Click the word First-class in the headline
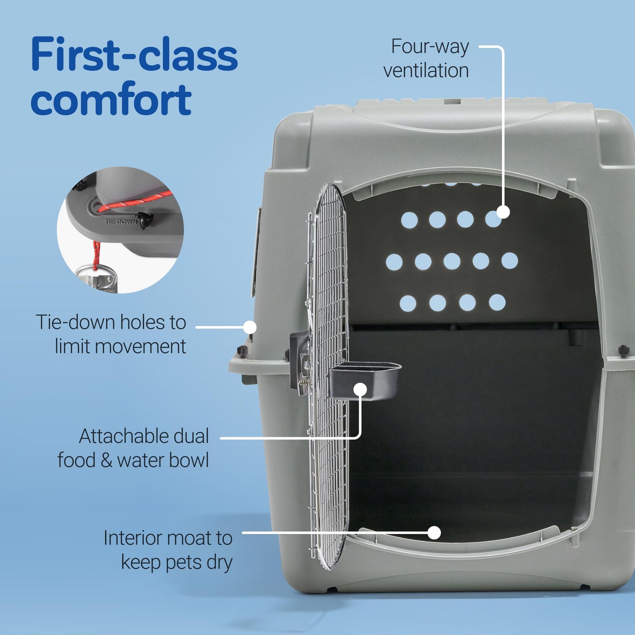point(134,54)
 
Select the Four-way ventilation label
point(425,58)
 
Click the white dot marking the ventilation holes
point(503,212)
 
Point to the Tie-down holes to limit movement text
point(111,334)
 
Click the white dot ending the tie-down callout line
point(250,327)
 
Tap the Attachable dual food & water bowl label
point(133,448)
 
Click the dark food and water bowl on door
point(365,381)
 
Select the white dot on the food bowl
point(360,389)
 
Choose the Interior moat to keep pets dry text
point(168,550)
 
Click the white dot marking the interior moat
point(434,533)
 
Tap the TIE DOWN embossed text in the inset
point(120,222)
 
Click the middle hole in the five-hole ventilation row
point(452,261)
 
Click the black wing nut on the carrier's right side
point(623,350)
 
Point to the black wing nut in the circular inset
point(144,219)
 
